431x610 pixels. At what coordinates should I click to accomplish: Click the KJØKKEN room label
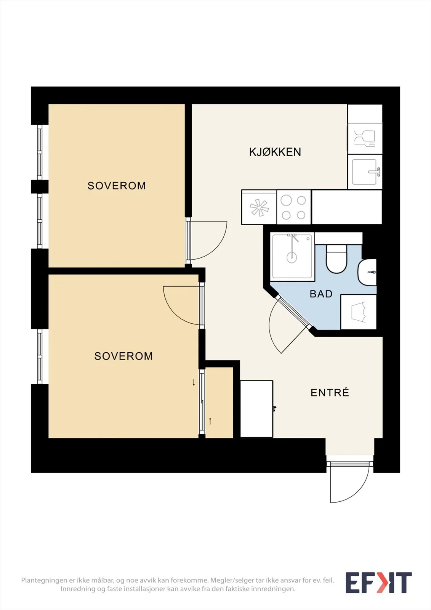(275, 152)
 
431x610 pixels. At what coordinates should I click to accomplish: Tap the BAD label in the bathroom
(321, 294)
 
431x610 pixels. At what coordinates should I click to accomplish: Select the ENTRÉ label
(330, 392)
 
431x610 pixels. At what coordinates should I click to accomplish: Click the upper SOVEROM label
(117, 186)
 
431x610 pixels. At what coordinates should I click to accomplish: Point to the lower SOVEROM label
(123, 356)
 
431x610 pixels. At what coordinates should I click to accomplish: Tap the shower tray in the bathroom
(292, 256)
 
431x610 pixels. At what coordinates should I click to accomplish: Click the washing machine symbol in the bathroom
(359, 312)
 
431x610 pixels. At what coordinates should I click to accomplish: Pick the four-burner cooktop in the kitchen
(294, 207)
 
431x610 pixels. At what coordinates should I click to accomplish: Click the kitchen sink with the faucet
(365, 172)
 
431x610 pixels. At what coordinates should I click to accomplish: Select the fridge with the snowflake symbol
(259, 207)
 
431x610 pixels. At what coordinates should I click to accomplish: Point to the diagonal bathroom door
(293, 312)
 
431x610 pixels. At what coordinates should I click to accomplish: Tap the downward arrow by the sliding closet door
(194, 382)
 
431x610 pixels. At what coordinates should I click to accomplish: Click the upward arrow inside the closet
(210, 421)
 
